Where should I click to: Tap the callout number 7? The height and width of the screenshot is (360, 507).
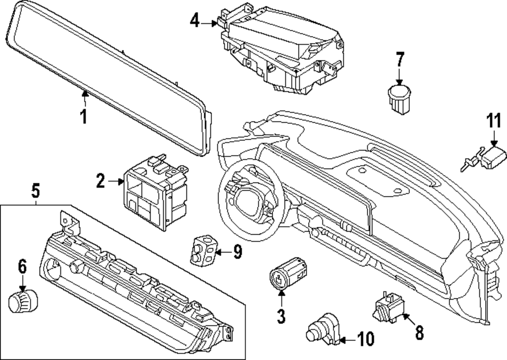point(400,60)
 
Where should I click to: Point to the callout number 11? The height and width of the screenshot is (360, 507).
point(493,122)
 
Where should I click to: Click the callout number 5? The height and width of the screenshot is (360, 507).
point(35,191)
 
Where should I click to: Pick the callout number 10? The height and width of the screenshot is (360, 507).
point(365,338)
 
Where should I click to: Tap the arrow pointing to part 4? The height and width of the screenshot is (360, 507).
point(210,23)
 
